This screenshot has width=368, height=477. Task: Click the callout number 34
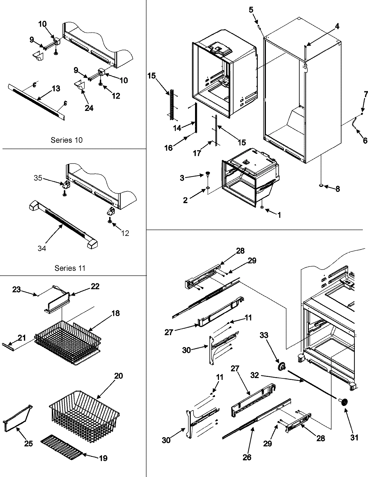pos(42,248)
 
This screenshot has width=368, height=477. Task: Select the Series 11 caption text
pos(70,268)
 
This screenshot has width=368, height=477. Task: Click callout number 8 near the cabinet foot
pos(337,189)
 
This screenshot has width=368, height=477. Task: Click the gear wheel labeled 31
pos(343,402)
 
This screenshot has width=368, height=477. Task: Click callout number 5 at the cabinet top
pos(251,10)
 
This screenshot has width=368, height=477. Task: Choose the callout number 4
pos(337,26)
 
